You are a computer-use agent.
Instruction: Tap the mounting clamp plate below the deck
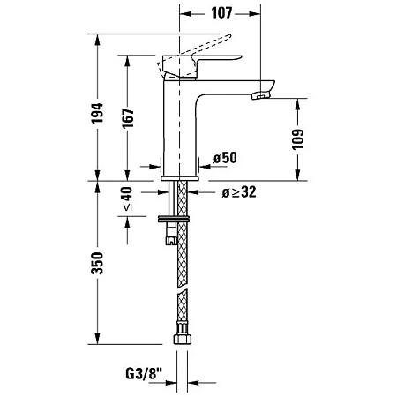[176, 218]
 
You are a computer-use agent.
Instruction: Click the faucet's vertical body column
[180, 132]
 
